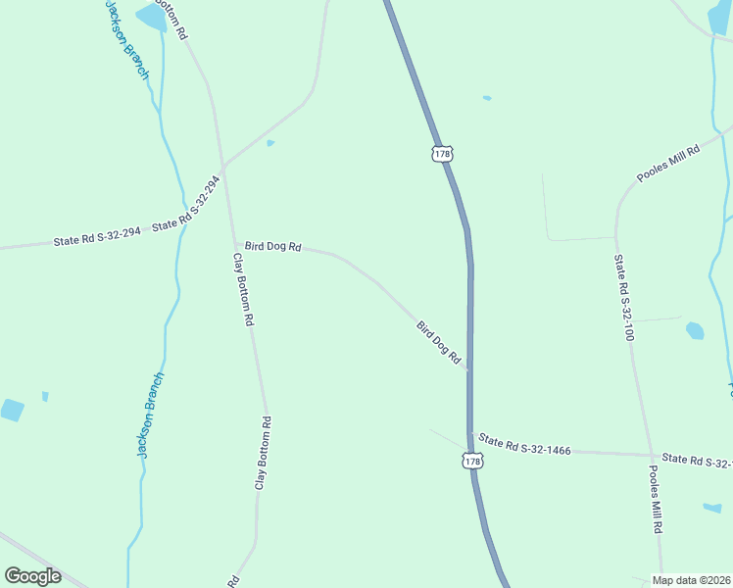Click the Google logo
32,576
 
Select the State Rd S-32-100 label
624,297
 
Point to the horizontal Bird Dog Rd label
272,247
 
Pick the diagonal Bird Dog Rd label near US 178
438,342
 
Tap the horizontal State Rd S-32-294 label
97,236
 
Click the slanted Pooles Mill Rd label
668,164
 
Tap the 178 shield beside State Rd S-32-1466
473,460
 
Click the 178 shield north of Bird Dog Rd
442,154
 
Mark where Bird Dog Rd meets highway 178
469,369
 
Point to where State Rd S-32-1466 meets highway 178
471,434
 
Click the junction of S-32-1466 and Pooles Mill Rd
651,456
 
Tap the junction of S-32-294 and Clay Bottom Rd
224,167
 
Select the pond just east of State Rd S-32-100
695,330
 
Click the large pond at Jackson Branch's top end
151,17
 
